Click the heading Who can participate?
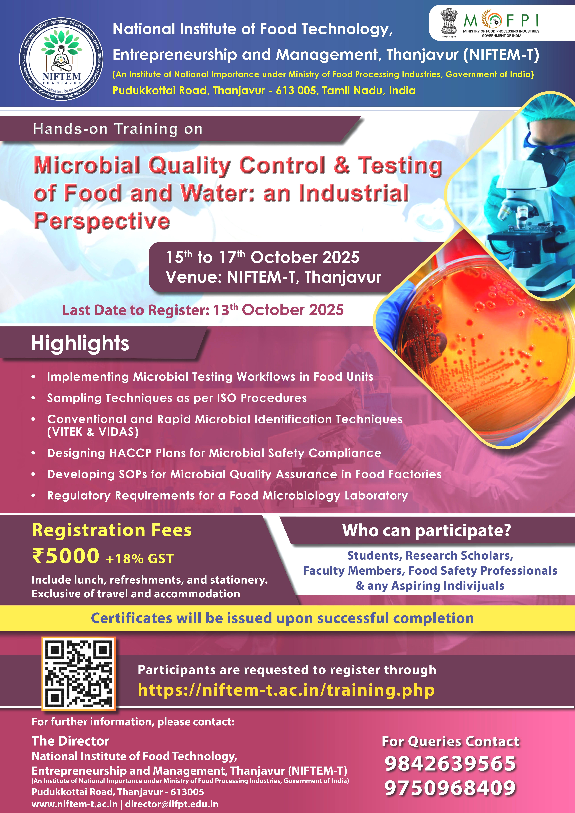(x=427, y=531)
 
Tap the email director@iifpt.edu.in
(x=172, y=804)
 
